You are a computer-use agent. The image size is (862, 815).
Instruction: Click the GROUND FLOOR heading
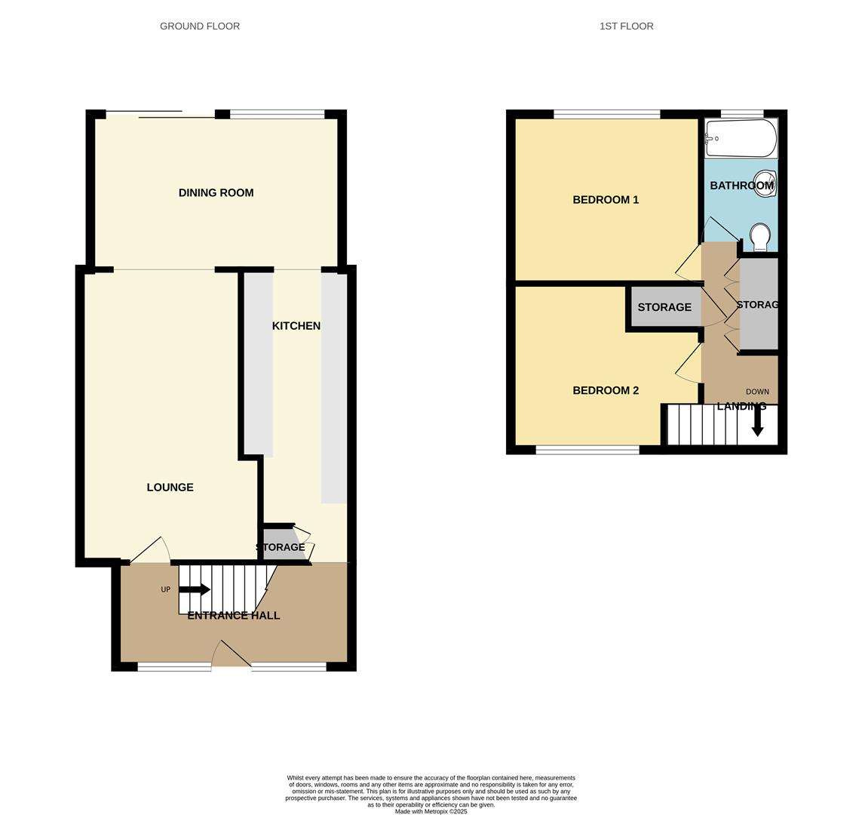[x=200, y=26]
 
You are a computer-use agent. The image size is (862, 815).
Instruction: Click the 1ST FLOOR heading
[x=626, y=26]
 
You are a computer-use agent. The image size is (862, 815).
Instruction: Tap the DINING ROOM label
[x=216, y=193]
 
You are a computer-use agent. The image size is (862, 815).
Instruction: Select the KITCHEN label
[x=296, y=326]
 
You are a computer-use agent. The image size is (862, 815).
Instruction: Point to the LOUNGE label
[x=170, y=487]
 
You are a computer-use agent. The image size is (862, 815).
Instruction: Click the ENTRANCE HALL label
[x=233, y=616]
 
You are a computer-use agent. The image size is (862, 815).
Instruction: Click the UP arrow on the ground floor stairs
[x=195, y=589]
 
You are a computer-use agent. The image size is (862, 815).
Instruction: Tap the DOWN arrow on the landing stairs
[x=757, y=429]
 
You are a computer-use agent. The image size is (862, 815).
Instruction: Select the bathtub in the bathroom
[x=741, y=138]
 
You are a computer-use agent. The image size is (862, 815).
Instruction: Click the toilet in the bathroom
[x=760, y=237]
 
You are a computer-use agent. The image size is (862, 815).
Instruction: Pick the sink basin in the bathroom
[x=765, y=183]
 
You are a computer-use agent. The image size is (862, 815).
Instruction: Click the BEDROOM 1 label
[x=606, y=200]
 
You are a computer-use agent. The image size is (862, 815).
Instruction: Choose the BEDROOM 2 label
[x=606, y=391]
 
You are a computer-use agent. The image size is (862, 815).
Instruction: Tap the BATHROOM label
[x=741, y=186]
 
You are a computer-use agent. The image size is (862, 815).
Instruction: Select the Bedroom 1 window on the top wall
[x=606, y=115]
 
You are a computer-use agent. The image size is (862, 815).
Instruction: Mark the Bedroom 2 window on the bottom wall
[x=587, y=451]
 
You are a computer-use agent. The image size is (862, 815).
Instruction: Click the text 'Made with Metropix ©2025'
[x=431, y=811]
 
